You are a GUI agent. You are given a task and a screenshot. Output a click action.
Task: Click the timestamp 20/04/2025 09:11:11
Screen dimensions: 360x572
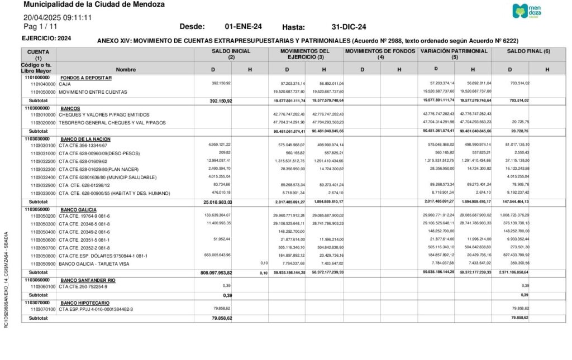coord(58,18)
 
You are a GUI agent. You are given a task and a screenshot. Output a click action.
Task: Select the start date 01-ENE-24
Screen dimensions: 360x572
coord(243,27)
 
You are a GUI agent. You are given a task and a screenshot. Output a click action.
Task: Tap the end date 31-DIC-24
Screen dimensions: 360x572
coord(349,27)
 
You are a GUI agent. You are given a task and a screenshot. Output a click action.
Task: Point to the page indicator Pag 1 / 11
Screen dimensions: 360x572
coord(40,26)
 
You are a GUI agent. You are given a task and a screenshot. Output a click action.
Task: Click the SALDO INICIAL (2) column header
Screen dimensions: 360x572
coord(231,54)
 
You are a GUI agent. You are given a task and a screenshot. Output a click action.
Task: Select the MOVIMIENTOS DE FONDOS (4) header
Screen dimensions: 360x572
coord(380,54)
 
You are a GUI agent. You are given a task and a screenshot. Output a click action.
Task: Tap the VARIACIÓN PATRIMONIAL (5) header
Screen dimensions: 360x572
coord(455,54)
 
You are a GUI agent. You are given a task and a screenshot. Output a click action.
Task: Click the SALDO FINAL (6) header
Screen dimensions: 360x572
coord(528,51)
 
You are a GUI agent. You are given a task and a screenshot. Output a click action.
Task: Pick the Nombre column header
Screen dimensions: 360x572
coord(126,70)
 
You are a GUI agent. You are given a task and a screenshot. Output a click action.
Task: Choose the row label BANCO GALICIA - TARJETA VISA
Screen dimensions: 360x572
coord(94,263)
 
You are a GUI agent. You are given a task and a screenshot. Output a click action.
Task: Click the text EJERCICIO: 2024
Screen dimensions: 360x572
coord(46,39)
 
